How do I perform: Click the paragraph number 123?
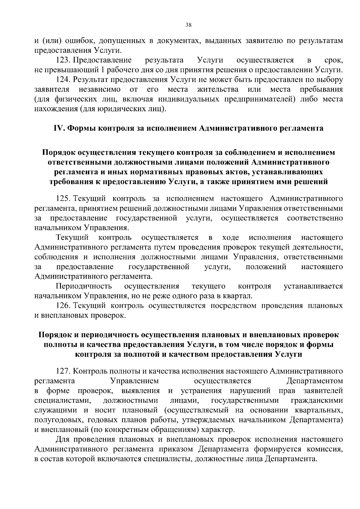(x=63, y=60)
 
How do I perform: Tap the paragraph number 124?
(x=63, y=80)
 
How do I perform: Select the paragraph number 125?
(x=63, y=198)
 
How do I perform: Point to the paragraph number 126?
(x=63, y=306)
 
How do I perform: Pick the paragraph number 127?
(x=63, y=371)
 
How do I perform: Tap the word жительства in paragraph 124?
(x=218, y=89)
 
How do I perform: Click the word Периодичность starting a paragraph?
(x=84, y=286)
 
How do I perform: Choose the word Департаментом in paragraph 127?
(x=315, y=381)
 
